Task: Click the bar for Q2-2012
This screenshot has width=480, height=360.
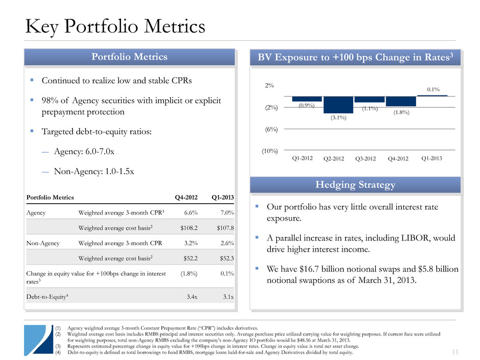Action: pos(339,105)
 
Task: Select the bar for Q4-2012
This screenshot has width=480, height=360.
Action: pos(401,101)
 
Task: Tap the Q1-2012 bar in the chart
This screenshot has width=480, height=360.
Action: pos(307,99)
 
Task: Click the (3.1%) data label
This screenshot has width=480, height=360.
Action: pos(338,118)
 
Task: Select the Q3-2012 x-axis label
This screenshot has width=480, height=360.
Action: pos(369,158)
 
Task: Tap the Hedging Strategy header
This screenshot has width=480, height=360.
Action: pos(355,184)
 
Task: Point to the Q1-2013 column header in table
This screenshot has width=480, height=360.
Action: pos(223,197)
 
